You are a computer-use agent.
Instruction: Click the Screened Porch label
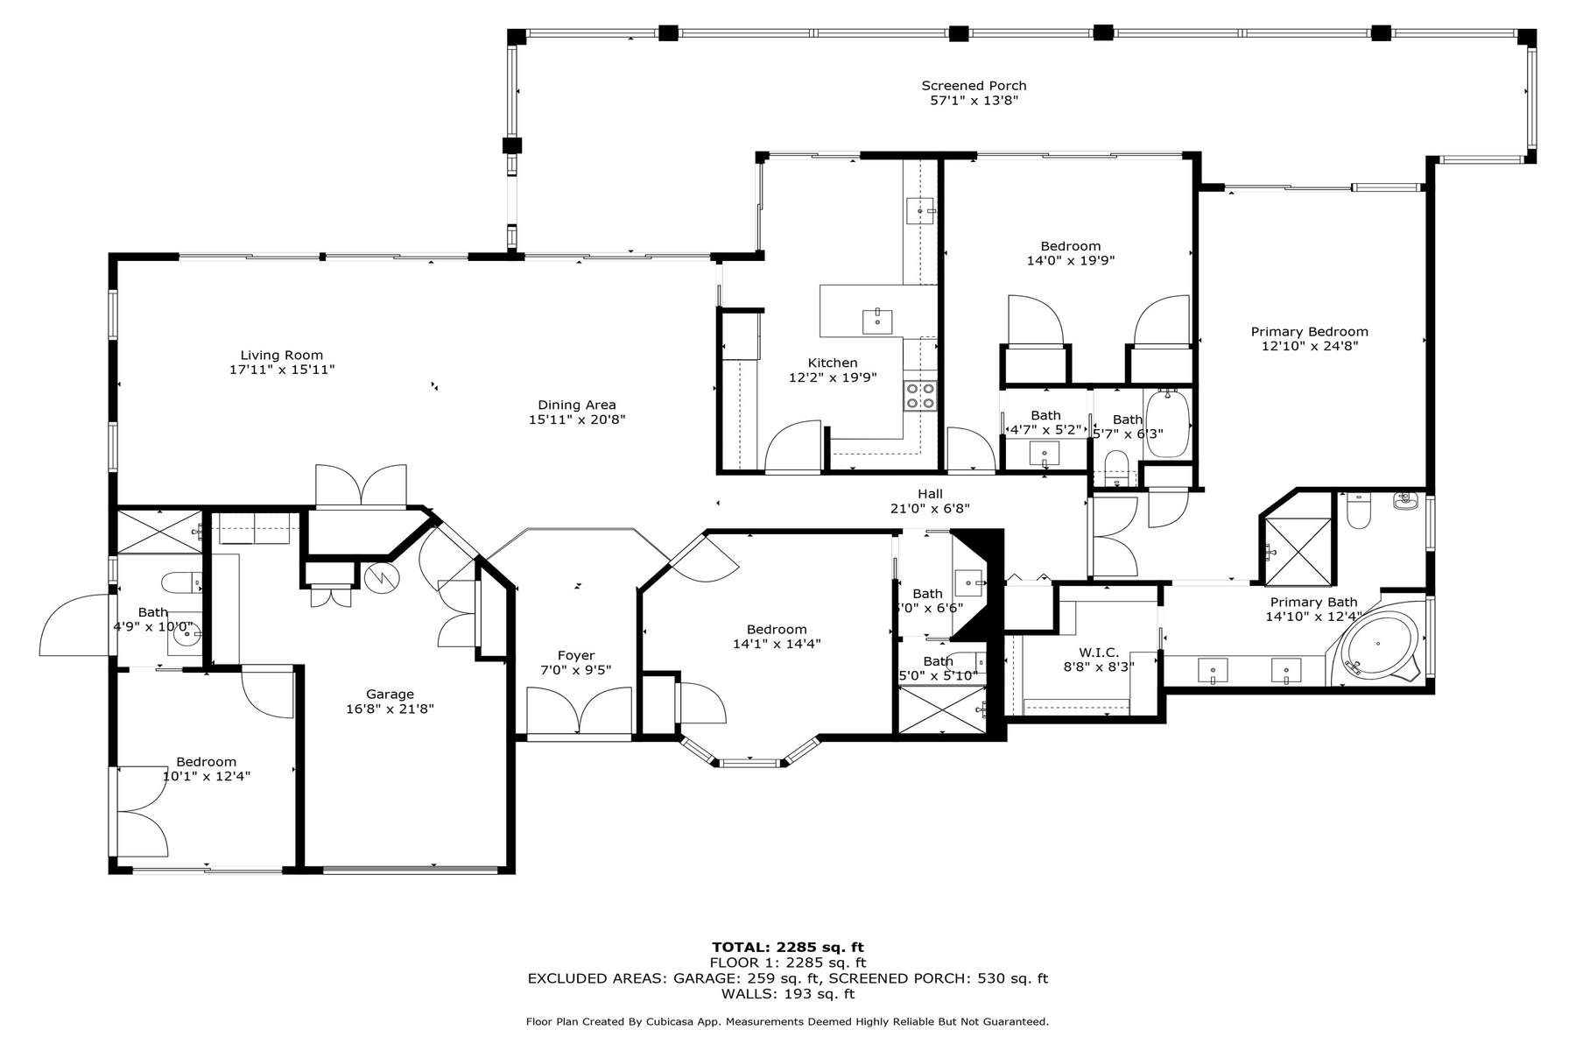(974, 86)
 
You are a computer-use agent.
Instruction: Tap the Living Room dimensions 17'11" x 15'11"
(282, 370)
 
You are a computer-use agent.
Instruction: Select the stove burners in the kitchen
(920, 396)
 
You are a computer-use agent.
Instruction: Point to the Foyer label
(575, 655)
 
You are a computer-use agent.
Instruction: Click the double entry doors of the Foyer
(579, 710)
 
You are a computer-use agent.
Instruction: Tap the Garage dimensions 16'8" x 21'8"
(390, 709)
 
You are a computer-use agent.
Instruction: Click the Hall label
(930, 494)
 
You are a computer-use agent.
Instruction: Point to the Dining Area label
(576, 405)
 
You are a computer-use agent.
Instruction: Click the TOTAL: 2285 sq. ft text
(787, 947)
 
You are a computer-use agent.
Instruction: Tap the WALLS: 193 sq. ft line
(787, 994)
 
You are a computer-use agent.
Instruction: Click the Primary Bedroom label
(1309, 332)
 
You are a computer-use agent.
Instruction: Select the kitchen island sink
(877, 321)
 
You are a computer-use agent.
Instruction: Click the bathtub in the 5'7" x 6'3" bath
(1168, 423)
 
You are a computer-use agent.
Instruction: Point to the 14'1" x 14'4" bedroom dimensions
(777, 644)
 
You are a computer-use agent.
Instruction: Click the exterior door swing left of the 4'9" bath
(74, 624)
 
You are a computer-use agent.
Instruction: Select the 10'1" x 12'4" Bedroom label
(206, 762)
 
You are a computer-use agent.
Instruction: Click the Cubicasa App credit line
(787, 1022)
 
